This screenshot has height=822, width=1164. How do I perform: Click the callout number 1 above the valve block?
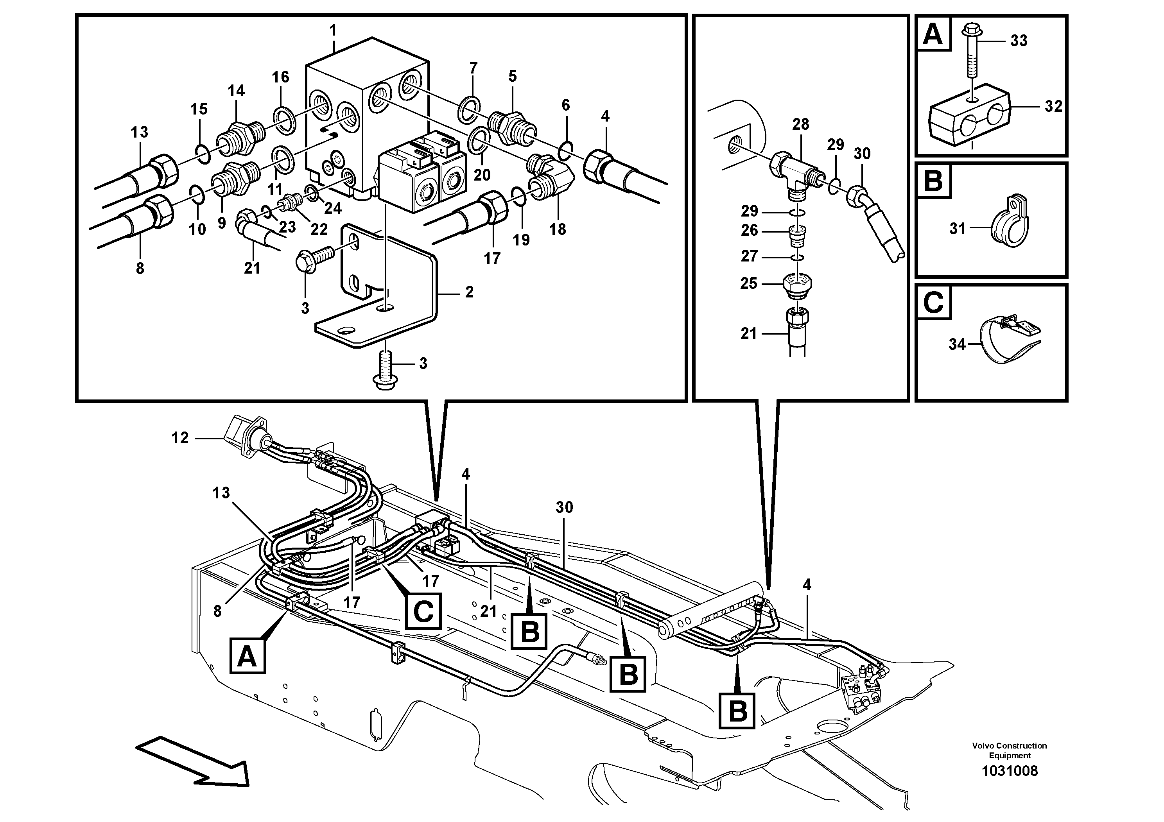333,31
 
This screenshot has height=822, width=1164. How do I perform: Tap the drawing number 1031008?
1010,771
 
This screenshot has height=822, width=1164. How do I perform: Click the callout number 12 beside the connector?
180,438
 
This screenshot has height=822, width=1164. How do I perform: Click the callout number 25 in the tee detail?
749,283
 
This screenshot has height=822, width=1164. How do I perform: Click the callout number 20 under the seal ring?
482,175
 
